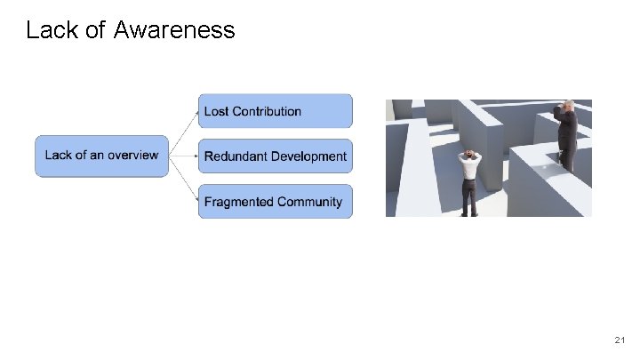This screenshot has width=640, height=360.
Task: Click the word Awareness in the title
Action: click(x=174, y=30)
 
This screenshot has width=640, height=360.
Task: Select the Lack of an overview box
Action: click(x=100, y=156)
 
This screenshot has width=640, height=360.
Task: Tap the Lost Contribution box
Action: click(x=275, y=111)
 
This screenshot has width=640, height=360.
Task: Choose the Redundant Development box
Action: click(x=275, y=156)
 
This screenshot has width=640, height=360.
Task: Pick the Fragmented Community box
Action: click(x=275, y=202)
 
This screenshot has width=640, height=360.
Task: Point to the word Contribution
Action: click(x=268, y=111)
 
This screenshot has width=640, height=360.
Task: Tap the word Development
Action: click(x=308, y=156)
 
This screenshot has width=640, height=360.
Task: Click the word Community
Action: click(x=309, y=202)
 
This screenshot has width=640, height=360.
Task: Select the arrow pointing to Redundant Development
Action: click(x=182, y=156)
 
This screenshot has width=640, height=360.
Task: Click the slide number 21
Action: click(x=620, y=340)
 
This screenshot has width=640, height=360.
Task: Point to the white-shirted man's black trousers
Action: click(x=468, y=198)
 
